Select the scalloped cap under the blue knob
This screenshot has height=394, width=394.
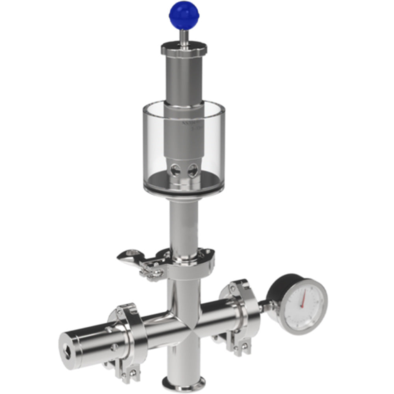[x=184, y=49]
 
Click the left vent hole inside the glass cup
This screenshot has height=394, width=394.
[x=175, y=170]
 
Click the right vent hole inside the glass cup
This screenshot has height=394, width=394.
[x=192, y=171]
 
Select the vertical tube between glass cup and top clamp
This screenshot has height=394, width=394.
[x=183, y=225]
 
